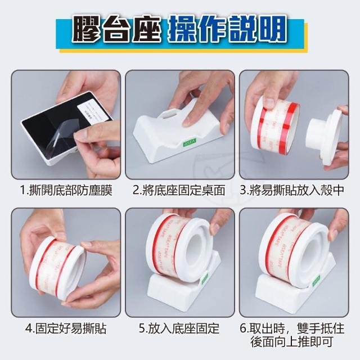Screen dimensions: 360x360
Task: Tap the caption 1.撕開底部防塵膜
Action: click(x=66, y=190)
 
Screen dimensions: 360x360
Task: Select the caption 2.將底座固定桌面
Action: click(x=179, y=190)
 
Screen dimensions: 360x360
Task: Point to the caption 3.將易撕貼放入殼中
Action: click(x=292, y=190)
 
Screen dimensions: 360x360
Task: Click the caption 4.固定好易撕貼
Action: click(x=66, y=328)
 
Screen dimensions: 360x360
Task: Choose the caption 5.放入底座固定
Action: click(x=179, y=328)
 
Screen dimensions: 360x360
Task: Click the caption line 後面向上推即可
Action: click(x=292, y=342)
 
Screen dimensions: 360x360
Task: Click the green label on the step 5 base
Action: click(x=204, y=278)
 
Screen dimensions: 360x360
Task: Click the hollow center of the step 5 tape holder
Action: click(x=196, y=249)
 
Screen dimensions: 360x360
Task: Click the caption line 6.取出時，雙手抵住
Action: click(x=292, y=328)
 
